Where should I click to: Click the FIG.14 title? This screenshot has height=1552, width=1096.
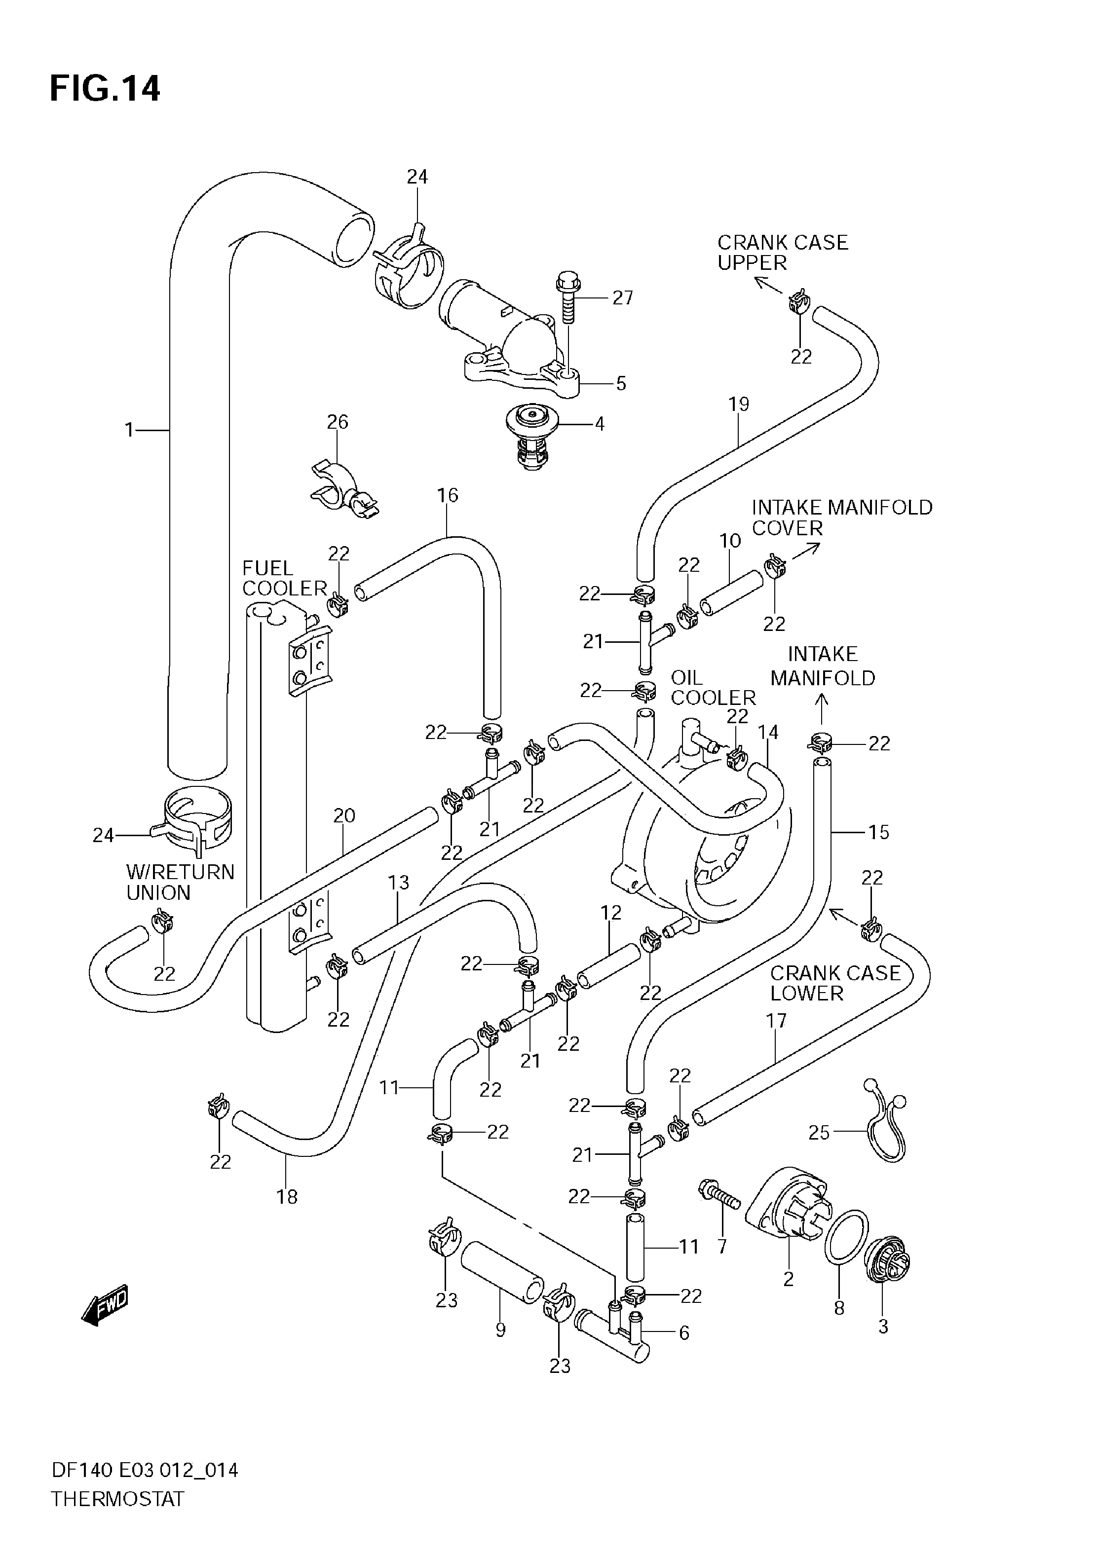[106, 88]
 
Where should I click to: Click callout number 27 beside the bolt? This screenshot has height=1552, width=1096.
[622, 297]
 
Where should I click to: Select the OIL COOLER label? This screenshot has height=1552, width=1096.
[713, 688]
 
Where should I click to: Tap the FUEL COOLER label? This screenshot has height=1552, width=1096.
[284, 578]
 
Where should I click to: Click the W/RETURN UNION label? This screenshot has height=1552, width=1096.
[180, 882]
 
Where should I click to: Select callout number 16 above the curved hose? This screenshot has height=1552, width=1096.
[448, 495]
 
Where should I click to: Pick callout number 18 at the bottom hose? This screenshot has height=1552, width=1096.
[287, 1197]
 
